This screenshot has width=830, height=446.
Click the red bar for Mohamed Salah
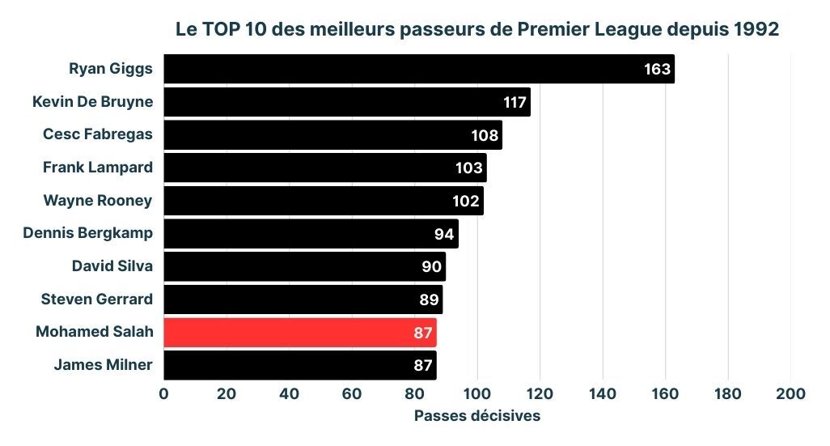click(x=299, y=333)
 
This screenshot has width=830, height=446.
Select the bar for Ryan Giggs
click(x=419, y=69)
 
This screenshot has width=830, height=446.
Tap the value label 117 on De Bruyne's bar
click(x=515, y=103)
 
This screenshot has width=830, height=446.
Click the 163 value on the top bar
click(x=657, y=69)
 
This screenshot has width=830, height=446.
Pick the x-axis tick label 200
click(x=790, y=393)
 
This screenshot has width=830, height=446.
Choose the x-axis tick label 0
click(x=164, y=393)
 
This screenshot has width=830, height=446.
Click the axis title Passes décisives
click(x=477, y=416)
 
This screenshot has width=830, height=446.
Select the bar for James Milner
click(x=299, y=365)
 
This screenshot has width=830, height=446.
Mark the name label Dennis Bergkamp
click(x=87, y=233)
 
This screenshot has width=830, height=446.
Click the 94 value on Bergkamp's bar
click(x=444, y=234)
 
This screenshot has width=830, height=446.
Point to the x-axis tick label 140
click(x=603, y=393)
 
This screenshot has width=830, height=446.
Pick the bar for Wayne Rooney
click(x=324, y=201)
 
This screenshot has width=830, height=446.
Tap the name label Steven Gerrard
click(x=97, y=299)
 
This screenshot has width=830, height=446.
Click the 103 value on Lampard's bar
click(x=469, y=168)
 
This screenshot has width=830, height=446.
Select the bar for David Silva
click(x=304, y=266)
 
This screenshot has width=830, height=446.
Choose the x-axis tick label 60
click(x=352, y=393)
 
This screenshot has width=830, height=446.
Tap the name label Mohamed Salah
click(x=95, y=332)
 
